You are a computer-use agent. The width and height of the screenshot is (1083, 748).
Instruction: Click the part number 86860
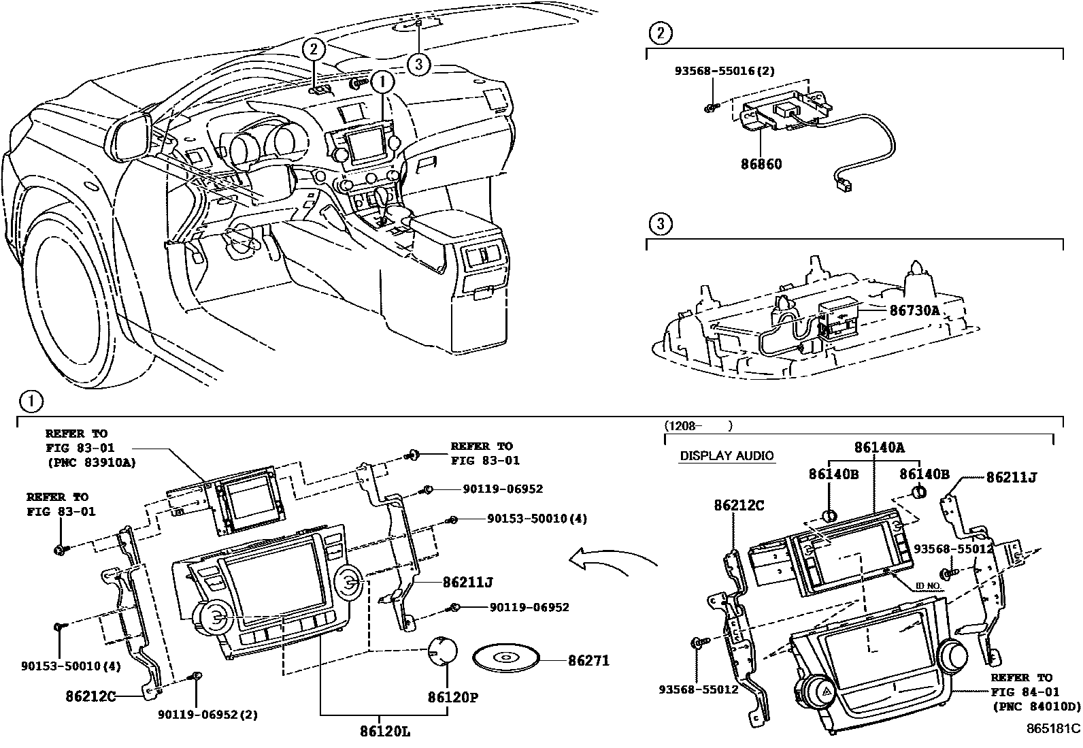click(x=761, y=164)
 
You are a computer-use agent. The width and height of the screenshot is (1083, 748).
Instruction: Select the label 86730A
click(x=914, y=310)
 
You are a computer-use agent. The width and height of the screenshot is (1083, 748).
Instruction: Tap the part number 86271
click(x=589, y=660)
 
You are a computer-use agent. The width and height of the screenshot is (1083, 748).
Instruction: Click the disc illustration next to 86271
click(x=505, y=658)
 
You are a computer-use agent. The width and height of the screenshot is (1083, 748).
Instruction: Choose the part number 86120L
click(x=385, y=732)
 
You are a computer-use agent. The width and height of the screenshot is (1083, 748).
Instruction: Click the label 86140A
click(x=879, y=447)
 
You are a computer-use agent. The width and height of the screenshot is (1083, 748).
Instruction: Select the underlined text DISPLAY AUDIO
click(x=727, y=456)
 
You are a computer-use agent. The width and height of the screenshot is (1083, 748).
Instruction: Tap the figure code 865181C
click(x=1052, y=728)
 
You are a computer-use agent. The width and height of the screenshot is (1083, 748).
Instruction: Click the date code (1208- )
click(x=697, y=426)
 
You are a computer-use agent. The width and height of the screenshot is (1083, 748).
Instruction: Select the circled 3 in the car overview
click(x=419, y=65)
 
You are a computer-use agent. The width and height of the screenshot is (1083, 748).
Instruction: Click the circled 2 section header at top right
click(x=660, y=33)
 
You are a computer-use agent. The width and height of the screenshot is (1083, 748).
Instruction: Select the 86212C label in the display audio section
click(x=739, y=505)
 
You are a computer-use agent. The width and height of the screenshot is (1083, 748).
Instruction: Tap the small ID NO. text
click(x=928, y=585)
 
